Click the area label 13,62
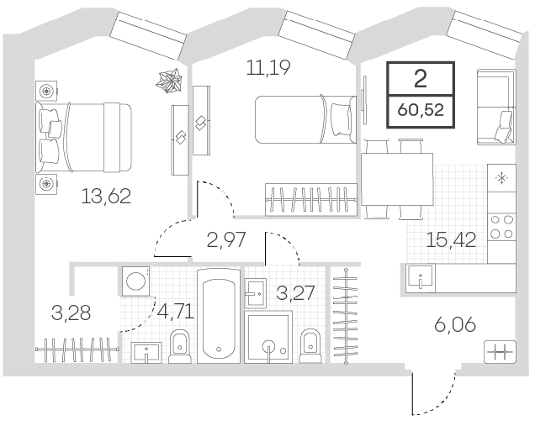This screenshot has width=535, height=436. (x=106, y=197)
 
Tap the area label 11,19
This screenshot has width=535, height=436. (x=268, y=67)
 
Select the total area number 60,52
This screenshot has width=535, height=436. (x=421, y=110)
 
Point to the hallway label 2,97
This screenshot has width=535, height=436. (x=226, y=239)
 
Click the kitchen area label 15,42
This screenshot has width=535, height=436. (x=451, y=240)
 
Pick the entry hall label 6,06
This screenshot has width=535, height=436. (x=455, y=324)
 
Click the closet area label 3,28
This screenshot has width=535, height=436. (x=71, y=313)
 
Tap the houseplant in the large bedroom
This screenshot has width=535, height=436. (x=169, y=81)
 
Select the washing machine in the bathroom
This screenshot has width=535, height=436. (x=136, y=281)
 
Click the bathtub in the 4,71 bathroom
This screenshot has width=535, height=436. (x=219, y=315)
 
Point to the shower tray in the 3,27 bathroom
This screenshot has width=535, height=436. (x=268, y=337)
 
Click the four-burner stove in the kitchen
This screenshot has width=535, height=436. (x=501, y=227)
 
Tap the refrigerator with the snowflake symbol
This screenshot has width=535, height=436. (x=501, y=178)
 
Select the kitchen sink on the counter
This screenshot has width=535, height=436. (x=421, y=278)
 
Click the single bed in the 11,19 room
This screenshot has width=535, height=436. (x=306, y=119)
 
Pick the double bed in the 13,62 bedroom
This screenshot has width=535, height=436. (x=84, y=137)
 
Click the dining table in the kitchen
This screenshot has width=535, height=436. (x=397, y=179)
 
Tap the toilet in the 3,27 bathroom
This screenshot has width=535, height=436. (x=310, y=345)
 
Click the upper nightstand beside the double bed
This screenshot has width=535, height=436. (x=46, y=91)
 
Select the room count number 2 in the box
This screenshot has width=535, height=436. (x=421, y=79)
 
